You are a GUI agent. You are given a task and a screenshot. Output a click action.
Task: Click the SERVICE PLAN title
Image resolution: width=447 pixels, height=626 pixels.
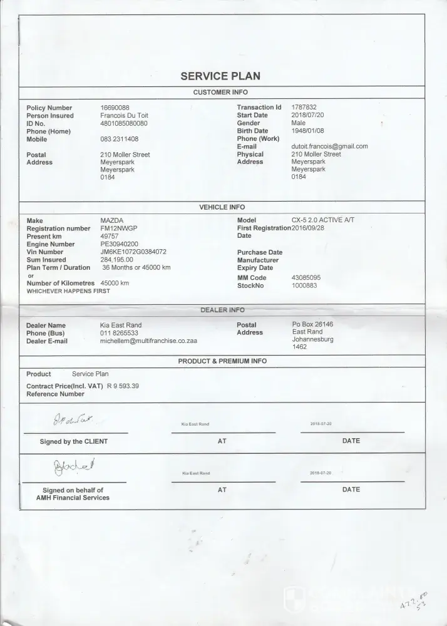point(220,76)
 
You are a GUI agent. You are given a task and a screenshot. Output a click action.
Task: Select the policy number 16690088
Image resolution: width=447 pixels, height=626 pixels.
point(115,108)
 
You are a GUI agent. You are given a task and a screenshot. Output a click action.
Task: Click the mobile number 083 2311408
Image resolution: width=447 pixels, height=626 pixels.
point(120,139)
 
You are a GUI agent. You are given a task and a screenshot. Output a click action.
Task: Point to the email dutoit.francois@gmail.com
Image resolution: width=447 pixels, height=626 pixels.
point(329,146)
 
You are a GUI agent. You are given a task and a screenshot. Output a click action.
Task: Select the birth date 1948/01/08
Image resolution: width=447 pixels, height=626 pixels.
point(307,131)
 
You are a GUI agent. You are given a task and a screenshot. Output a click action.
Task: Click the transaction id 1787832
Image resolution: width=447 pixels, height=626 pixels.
point(304,108)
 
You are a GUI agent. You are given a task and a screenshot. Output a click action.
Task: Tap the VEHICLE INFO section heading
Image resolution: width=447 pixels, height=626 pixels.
point(222,207)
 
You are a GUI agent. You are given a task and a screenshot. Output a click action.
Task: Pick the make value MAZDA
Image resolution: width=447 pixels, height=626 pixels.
point(112,221)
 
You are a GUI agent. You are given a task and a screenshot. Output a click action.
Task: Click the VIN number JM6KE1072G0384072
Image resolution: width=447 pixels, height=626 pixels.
point(133,252)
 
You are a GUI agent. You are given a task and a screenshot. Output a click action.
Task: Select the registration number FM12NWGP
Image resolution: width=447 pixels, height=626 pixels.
point(118,228)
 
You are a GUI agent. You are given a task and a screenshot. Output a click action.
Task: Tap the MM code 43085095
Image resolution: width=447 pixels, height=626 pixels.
point(306,277)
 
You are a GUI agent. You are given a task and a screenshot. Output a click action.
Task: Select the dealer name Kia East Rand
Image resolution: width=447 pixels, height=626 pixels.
point(121,326)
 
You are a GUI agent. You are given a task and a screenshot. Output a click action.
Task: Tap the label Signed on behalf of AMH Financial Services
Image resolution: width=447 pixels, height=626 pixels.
point(73,494)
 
